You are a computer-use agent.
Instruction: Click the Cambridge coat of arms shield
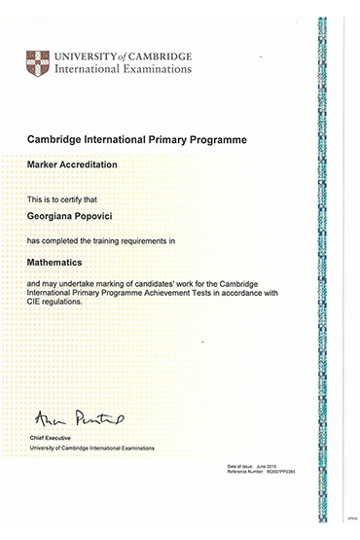click(x=38, y=63)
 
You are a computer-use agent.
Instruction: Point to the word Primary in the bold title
click(x=176, y=140)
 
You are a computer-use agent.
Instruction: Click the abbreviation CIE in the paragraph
click(x=34, y=302)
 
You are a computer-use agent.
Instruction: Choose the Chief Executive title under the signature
click(x=50, y=439)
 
